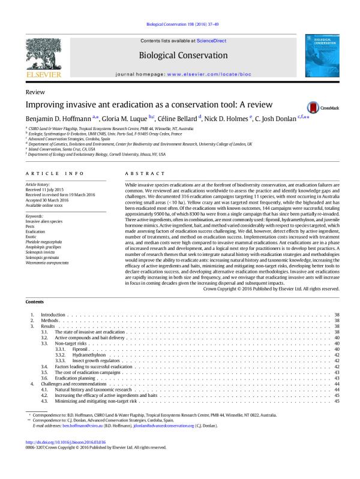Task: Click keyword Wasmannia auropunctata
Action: [50, 247]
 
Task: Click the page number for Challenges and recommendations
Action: [337, 384]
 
